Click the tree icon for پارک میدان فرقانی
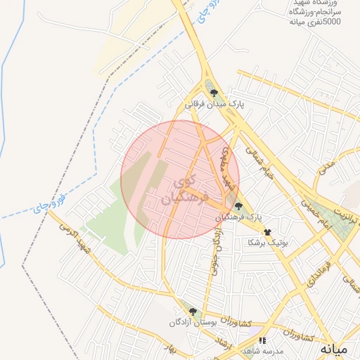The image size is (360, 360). tap(212, 91)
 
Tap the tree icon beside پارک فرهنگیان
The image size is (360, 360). tap(238, 206)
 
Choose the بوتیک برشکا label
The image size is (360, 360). tap(268, 242)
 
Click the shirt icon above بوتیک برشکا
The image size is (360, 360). tap(267, 231)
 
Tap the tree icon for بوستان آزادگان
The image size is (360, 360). tap(193, 311)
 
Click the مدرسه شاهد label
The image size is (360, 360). tap(262, 351)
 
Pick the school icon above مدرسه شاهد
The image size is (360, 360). tap(262, 340)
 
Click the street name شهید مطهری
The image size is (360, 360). tap(227, 169)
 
